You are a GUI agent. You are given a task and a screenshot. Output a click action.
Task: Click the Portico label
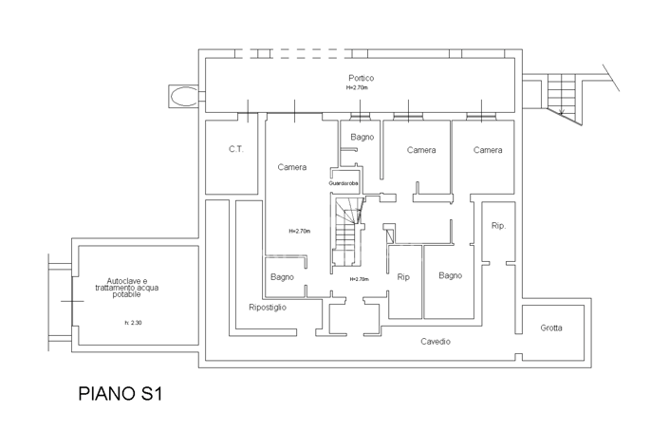click(x=360, y=78)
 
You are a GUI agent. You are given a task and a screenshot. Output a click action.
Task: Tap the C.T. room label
click(x=236, y=150)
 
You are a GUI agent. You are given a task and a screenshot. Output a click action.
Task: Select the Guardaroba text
click(x=344, y=182)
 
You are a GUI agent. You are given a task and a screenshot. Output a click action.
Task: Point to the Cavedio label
click(x=436, y=341)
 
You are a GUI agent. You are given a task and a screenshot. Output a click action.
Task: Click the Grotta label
click(x=551, y=328)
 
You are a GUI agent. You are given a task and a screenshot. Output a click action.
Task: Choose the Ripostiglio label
click(x=268, y=308)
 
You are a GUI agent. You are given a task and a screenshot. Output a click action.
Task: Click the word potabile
click(x=126, y=295)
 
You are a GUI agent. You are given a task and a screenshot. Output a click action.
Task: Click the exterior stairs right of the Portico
click(x=563, y=96)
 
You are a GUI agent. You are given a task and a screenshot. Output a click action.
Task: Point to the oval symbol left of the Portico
click(x=185, y=95)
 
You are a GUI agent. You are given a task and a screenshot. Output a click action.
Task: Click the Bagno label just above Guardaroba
click(x=362, y=138)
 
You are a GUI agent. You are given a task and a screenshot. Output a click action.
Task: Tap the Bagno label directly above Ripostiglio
click(x=281, y=277)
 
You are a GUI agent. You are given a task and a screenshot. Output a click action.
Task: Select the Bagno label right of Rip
click(x=450, y=276)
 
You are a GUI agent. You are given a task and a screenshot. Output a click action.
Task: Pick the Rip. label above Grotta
click(x=498, y=226)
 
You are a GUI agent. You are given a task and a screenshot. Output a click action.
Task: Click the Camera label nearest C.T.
click(x=292, y=167)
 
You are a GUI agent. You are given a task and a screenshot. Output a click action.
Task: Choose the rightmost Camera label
click(x=488, y=150)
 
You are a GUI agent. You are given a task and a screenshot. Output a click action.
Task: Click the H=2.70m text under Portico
click(x=359, y=87)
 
